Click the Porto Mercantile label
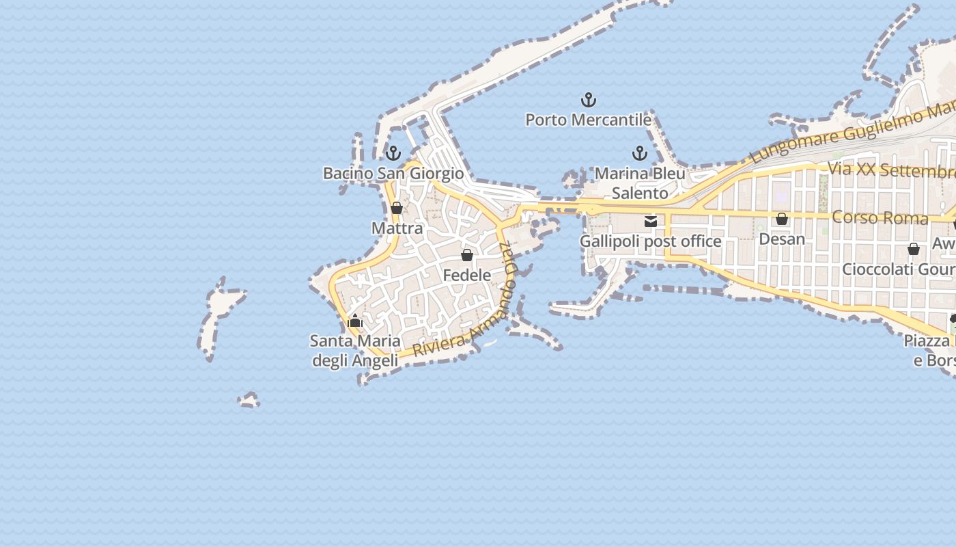(588, 120)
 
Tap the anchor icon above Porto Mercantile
(588, 101)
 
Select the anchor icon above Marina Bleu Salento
(640, 153)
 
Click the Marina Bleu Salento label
(640, 183)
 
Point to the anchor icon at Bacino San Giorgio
(393, 153)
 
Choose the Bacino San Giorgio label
(393, 174)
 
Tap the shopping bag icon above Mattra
(397, 208)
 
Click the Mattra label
(397, 228)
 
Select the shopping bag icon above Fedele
(467, 255)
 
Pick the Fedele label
(467, 275)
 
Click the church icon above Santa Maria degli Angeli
(355, 320)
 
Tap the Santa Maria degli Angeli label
(355, 350)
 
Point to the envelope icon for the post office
(651, 221)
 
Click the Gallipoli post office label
(650, 241)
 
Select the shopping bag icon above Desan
(782, 219)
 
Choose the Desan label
(782, 239)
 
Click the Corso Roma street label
(880, 218)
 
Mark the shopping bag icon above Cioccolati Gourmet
(914, 249)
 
